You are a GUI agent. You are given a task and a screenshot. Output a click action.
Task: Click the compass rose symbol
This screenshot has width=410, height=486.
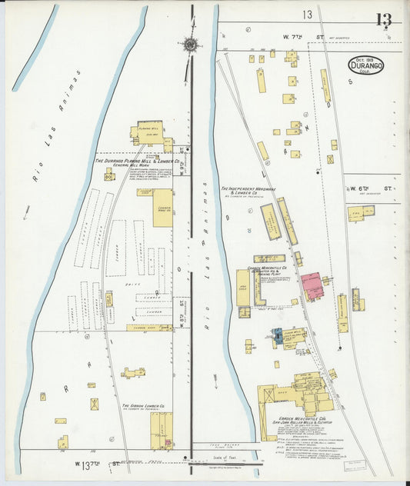tap(190, 44)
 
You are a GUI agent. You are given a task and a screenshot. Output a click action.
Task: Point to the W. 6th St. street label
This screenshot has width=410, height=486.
tap(373, 187)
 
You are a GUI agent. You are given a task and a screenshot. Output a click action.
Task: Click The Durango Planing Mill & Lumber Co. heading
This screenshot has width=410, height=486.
tap(136, 161)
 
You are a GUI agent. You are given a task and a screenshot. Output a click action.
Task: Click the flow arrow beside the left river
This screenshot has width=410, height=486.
tap(26, 214)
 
